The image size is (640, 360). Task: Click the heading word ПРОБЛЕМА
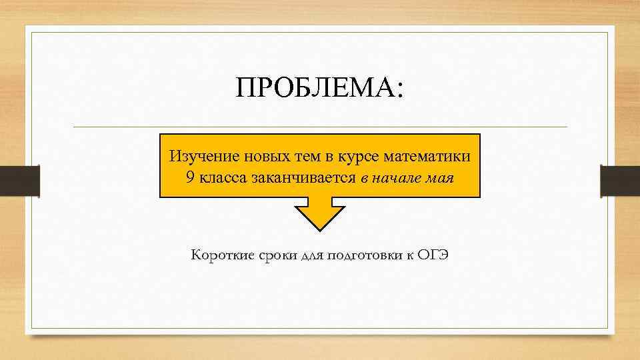pyautogui.click(x=315, y=88)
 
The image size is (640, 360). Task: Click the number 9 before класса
pyautogui.click(x=191, y=179)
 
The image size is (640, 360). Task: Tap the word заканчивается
pyautogui.click(x=303, y=179)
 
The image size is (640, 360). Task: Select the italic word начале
pyautogui.click(x=400, y=179)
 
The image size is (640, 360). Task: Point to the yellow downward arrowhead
pyautogui.click(x=320, y=215)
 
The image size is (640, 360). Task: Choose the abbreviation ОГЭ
pyautogui.click(x=434, y=255)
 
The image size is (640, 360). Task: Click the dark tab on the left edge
pyautogui.click(x=20, y=181)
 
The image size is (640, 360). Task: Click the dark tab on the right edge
pyautogui.click(x=620, y=181)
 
